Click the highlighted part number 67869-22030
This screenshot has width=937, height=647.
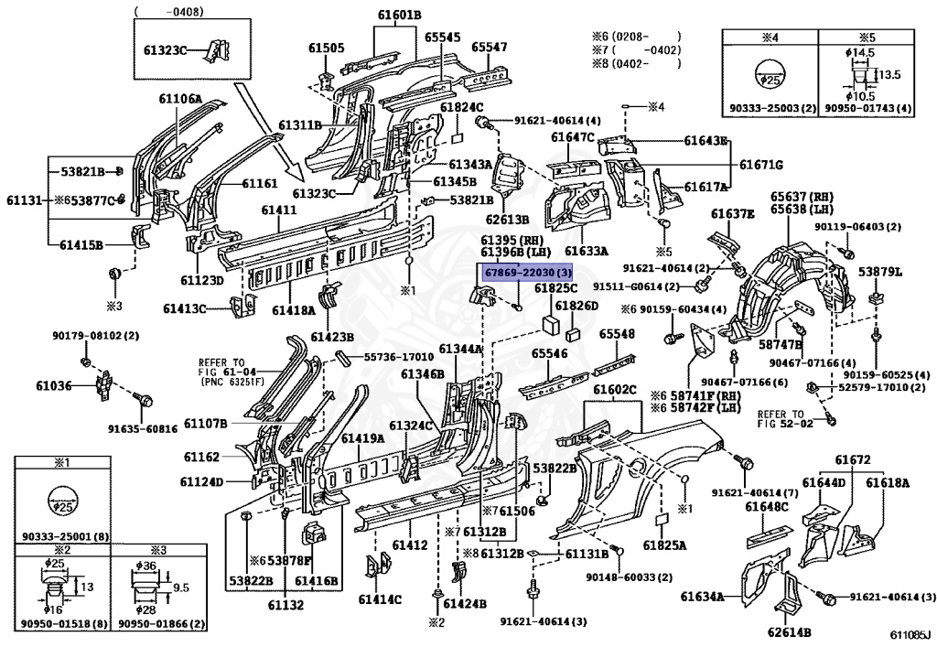point(527,273)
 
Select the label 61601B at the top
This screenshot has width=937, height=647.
point(399,15)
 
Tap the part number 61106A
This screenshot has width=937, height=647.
point(181,99)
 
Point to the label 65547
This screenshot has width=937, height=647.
point(490,47)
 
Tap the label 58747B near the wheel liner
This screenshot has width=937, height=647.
point(781,345)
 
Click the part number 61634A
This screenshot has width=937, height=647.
point(702,597)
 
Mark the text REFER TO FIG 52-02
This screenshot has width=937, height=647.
point(783,418)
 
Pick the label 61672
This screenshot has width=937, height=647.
point(853,459)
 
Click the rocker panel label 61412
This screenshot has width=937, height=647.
point(410,545)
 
